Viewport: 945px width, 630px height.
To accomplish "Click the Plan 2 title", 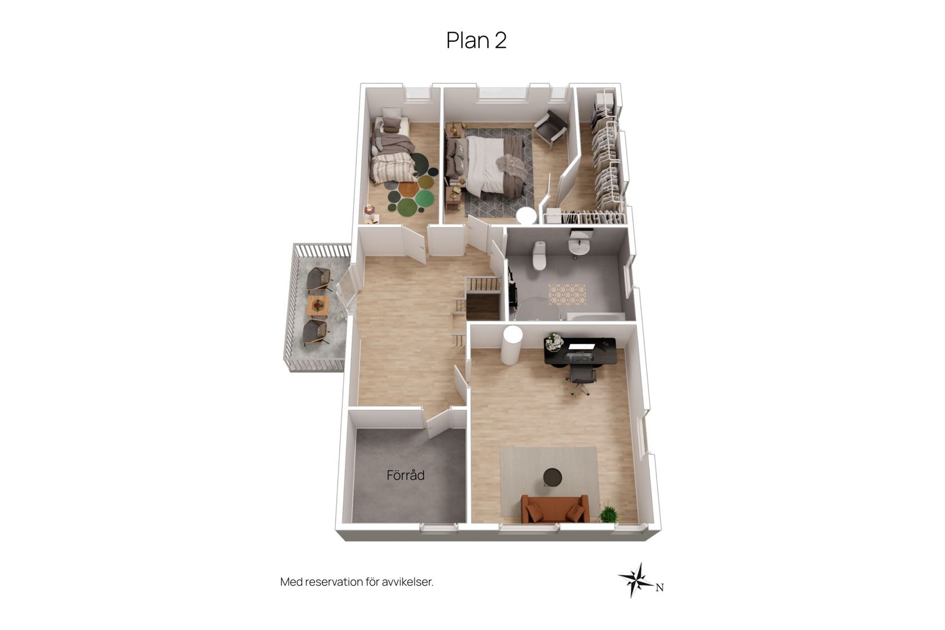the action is (x=477, y=41).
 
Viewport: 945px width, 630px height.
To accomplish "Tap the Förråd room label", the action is (x=405, y=475).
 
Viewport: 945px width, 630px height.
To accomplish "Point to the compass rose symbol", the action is (x=637, y=580).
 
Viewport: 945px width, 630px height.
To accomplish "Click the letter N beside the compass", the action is (x=660, y=588).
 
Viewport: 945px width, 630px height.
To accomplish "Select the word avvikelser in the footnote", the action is (x=407, y=582).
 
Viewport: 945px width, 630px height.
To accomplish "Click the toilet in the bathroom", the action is (x=540, y=255).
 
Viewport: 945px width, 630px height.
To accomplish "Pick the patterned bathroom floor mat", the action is (x=567, y=294).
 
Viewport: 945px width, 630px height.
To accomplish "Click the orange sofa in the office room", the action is (x=555, y=509).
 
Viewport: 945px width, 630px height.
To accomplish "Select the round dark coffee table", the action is (x=552, y=477).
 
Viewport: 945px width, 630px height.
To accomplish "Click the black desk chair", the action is (x=581, y=377).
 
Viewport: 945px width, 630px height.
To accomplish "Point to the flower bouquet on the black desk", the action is (x=553, y=341).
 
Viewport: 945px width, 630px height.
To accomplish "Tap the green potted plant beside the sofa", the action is (x=609, y=514).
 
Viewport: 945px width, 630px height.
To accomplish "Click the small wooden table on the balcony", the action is (x=318, y=305).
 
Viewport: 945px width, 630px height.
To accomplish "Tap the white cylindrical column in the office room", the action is (x=511, y=345).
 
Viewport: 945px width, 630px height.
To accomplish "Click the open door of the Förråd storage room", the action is (x=438, y=423).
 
